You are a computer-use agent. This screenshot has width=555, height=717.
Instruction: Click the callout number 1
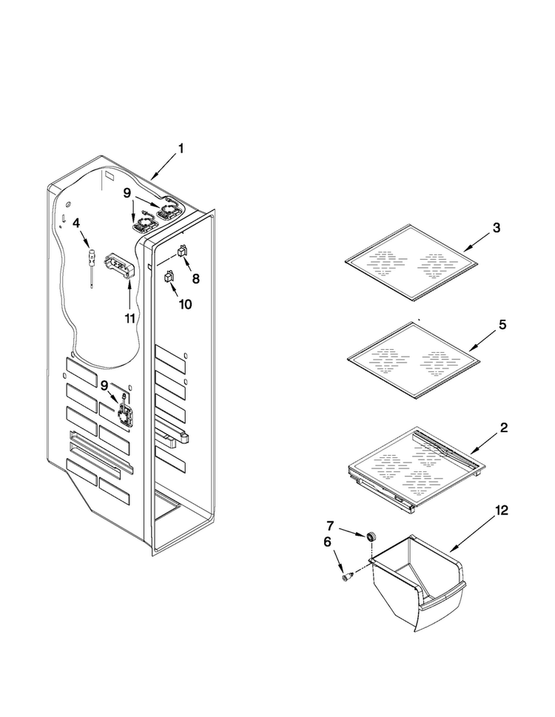pyautogui.click(x=181, y=149)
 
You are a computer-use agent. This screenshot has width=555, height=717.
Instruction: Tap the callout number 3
pyautogui.click(x=496, y=228)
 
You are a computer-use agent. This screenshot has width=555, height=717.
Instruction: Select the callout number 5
pyautogui.click(x=502, y=325)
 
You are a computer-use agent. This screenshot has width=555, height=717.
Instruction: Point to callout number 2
pyautogui.click(x=503, y=428)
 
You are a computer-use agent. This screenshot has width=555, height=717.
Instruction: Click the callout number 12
pyautogui.click(x=502, y=511)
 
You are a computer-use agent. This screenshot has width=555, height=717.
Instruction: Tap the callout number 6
pyautogui.click(x=327, y=542)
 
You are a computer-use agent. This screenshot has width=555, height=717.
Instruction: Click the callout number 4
pyautogui.click(x=76, y=223)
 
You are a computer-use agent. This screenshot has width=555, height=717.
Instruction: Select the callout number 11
pyautogui.click(x=129, y=318)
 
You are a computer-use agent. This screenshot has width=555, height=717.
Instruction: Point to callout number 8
pyautogui.click(x=195, y=278)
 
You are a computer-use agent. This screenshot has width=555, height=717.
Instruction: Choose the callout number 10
pyautogui.click(x=185, y=304)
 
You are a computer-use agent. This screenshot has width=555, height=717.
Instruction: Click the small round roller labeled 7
pyautogui.click(x=370, y=536)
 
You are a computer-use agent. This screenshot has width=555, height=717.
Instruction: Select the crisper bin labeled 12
pyautogui.click(x=417, y=583)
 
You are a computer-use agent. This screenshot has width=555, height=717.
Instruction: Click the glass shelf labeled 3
pyautogui.click(x=411, y=263)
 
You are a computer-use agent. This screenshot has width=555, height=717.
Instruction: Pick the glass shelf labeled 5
pyautogui.click(x=414, y=360)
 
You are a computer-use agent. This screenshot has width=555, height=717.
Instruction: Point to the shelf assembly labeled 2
pyautogui.click(x=416, y=468)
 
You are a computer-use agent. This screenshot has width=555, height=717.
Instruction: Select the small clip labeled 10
pyautogui.click(x=169, y=276)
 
